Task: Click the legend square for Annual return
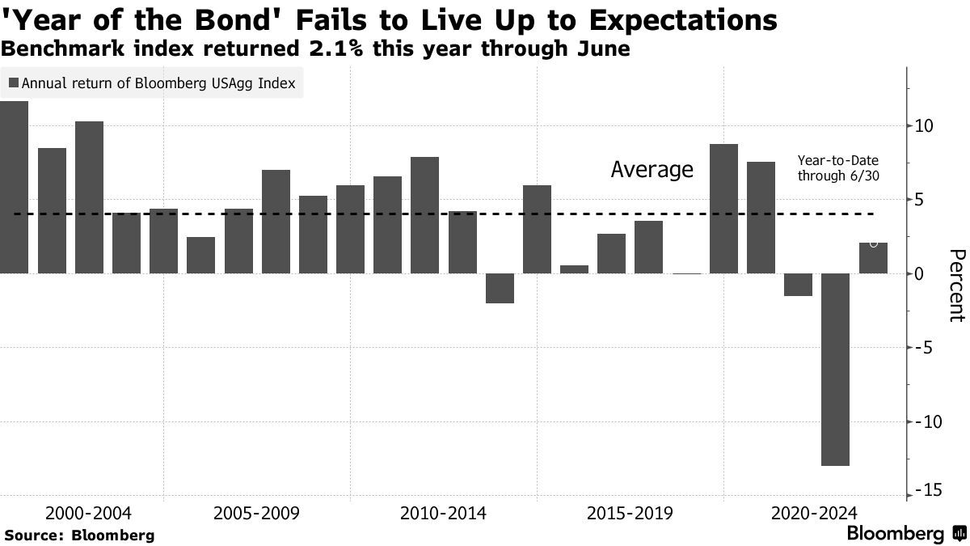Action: (x=14, y=83)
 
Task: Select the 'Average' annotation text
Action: (x=652, y=170)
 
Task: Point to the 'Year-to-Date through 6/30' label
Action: (x=837, y=168)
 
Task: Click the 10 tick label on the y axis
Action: (x=925, y=126)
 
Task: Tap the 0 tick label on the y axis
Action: (x=921, y=274)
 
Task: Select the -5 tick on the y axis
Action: (x=922, y=349)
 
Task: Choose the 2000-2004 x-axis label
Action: (x=88, y=514)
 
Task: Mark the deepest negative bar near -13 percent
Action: (x=835, y=369)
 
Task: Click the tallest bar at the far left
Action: (x=14, y=187)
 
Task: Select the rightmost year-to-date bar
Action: (x=873, y=258)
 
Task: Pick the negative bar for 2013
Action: (x=500, y=288)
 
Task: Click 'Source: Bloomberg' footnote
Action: (x=79, y=535)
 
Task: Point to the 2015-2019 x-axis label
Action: (x=629, y=514)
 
